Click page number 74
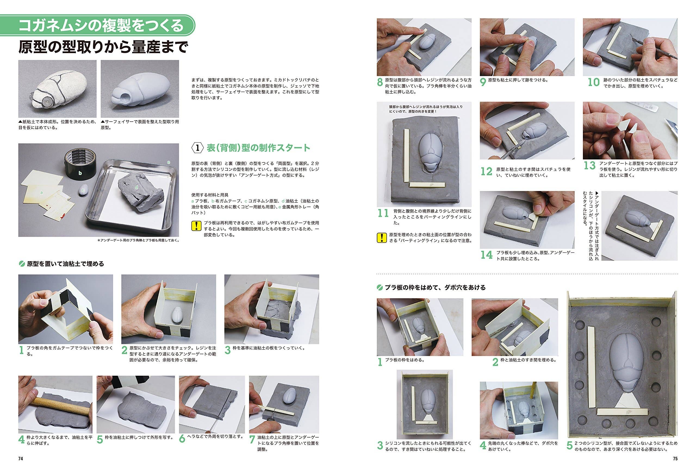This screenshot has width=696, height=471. coord(21,459)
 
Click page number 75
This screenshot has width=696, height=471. coord(675,459)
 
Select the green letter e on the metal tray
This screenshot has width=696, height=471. coord(169,162)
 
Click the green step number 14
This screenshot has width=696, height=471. coord(486,255)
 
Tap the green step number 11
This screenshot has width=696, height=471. coord(383,214)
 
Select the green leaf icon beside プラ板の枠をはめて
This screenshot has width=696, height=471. coord(380,288)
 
